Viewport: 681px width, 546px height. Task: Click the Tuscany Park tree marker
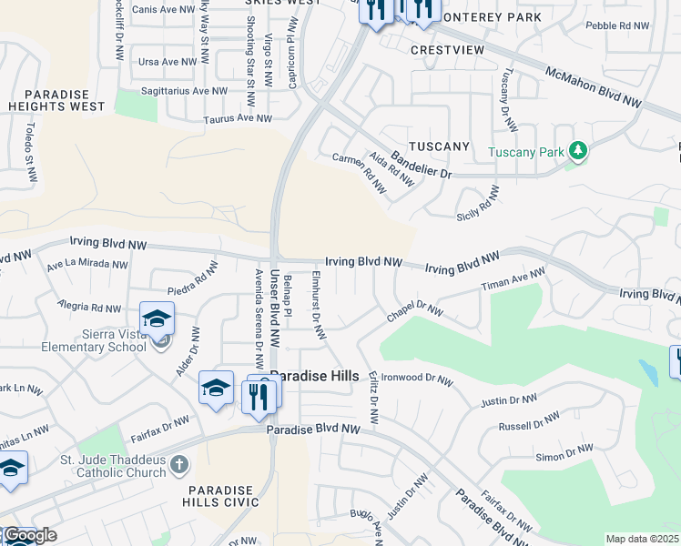576,151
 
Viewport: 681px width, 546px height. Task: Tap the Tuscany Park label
526,152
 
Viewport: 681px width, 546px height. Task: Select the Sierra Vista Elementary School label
100,340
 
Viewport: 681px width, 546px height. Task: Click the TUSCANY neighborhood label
439,147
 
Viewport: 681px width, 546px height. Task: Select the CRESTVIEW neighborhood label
444,49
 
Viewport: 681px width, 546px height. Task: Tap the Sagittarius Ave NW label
184,91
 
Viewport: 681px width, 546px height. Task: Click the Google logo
30,535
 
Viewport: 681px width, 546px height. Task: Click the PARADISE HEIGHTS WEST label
65,100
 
